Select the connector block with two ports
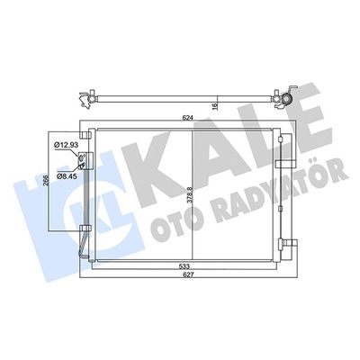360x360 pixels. pyautogui.click(x=84, y=161)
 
